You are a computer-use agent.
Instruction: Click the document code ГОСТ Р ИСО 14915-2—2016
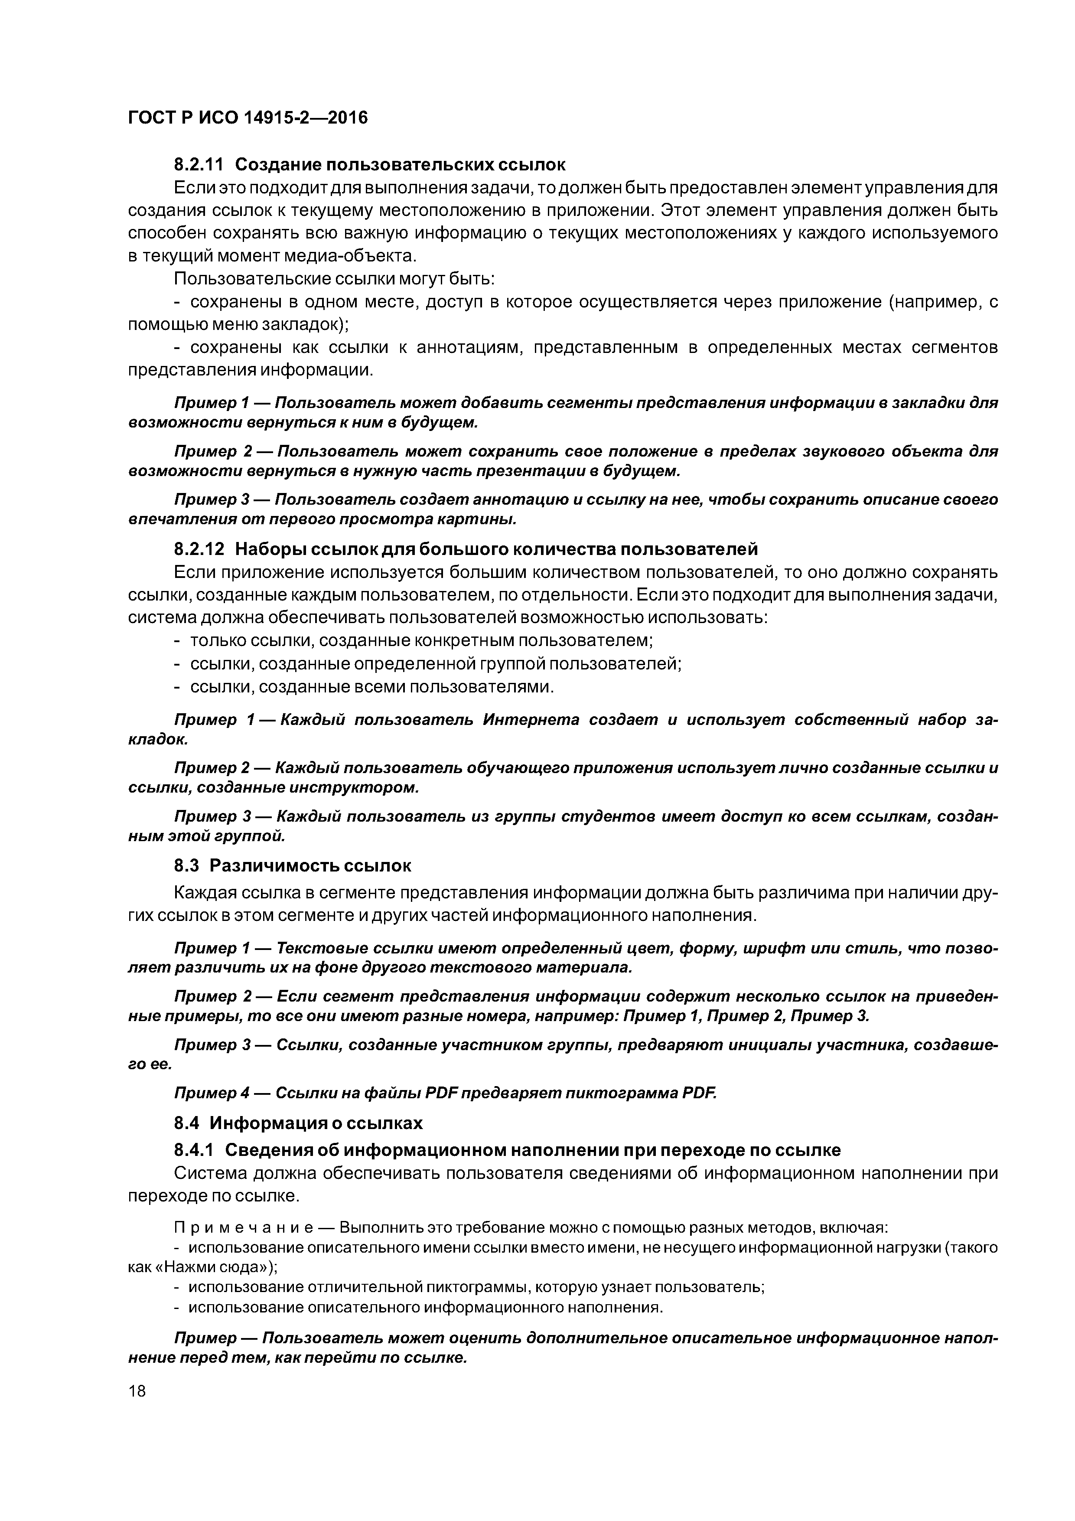click(x=247, y=118)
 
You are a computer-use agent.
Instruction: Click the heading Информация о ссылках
click(x=316, y=1123)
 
